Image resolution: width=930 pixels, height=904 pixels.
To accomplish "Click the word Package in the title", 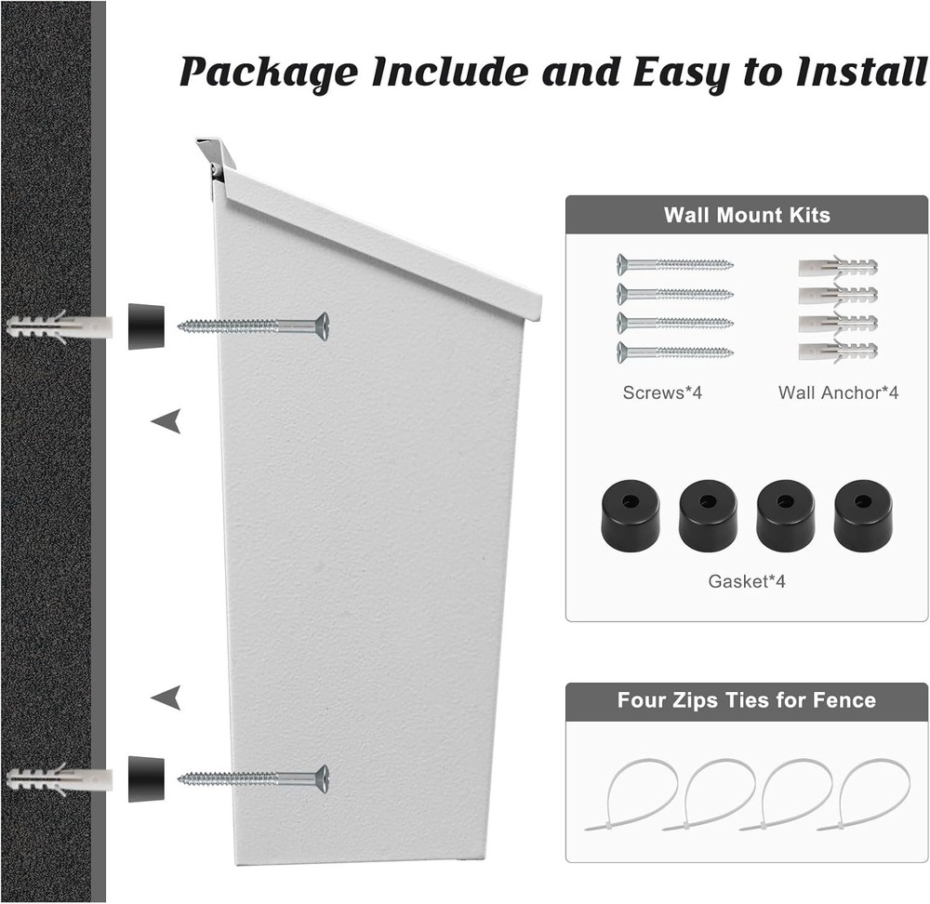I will pyautogui.click(x=268, y=71).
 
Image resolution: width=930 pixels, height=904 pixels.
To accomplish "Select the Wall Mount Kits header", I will pyautogui.click(x=746, y=215).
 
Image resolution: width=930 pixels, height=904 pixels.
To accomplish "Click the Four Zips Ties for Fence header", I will pyautogui.click(x=746, y=700).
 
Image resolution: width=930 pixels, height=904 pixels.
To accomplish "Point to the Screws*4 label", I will pyautogui.click(x=662, y=393).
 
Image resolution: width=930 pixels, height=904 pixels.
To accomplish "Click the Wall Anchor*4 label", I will pyautogui.click(x=838, y=393).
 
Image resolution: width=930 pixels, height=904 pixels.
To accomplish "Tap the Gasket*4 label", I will pyautogui.click(x=747, y=582).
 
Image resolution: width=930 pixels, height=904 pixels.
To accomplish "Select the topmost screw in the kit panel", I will pyautogui.click(x=674, y=264).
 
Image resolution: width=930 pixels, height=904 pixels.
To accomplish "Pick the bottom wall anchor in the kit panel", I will pyautogui.click(x=837, y=352).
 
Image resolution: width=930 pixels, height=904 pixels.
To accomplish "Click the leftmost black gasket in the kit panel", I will pyautogui.click(x=631, y=513).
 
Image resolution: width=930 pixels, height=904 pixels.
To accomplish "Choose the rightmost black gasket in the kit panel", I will pyautogui.click(x=863, y=513).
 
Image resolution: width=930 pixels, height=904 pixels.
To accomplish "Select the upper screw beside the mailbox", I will pyautogui.click(x=253, y=326).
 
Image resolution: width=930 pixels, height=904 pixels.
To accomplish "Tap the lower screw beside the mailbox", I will pyautogui.click(x=253, y=778).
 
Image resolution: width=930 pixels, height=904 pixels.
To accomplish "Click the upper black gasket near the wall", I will pyautogui.click(x=146, y=326).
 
